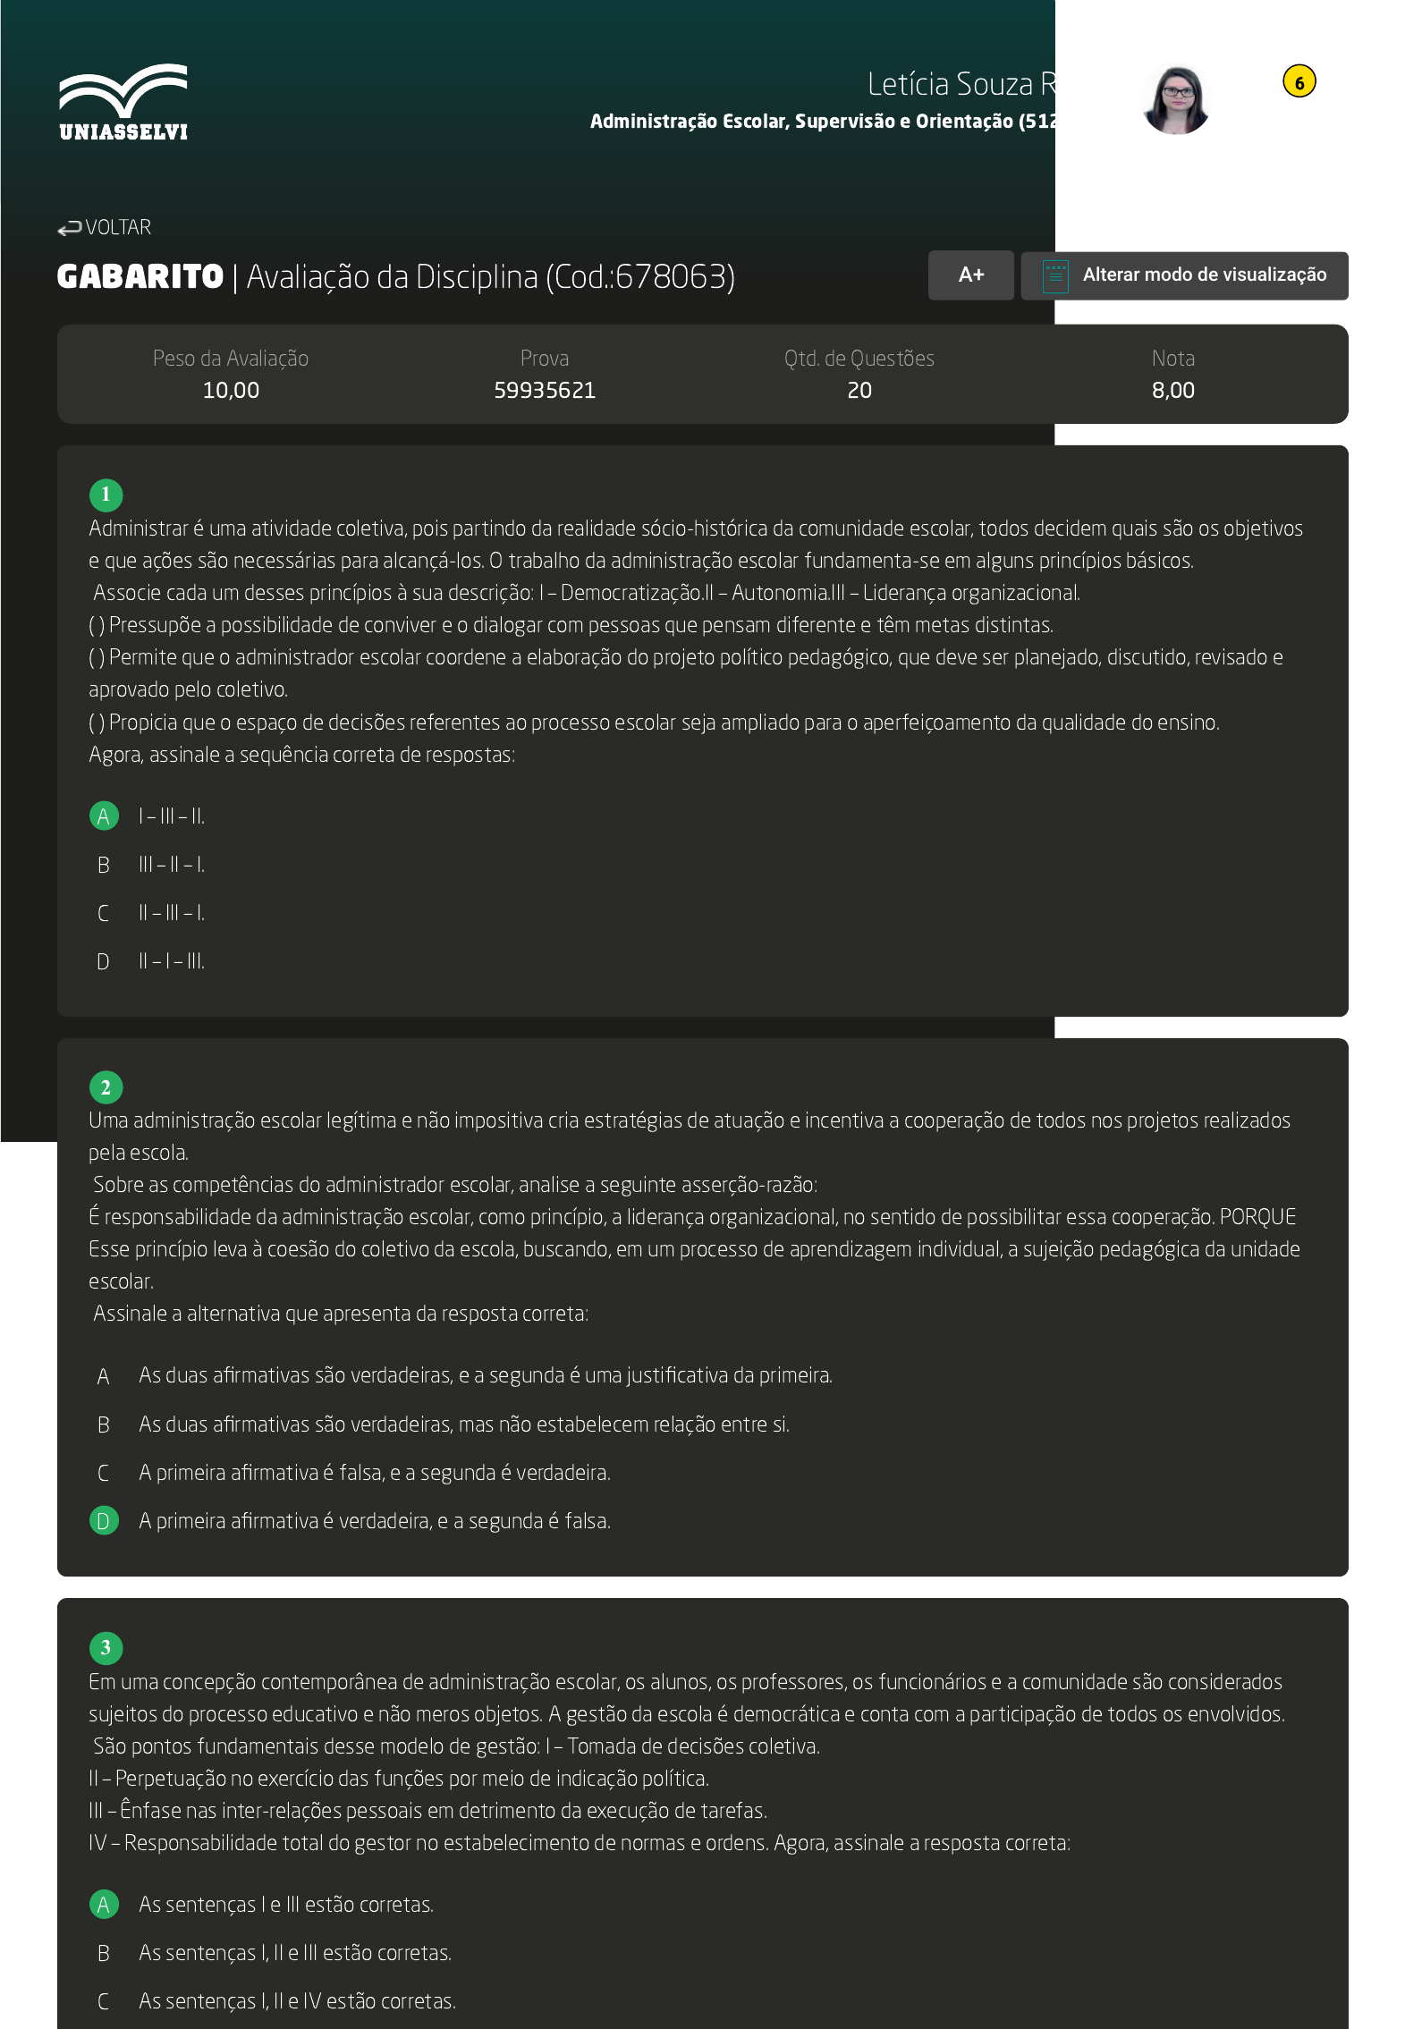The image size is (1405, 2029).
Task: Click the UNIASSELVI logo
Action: click(123, 102)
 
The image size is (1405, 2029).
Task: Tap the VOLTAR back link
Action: click(105, 228)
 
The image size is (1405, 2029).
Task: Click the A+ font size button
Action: click(970, 275)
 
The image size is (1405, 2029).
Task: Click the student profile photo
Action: click(1176, 99)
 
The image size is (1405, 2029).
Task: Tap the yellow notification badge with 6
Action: click(1299, 82)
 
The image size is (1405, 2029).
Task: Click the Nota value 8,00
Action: click(1172, 391)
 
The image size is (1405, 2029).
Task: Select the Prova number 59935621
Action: click(544, 391)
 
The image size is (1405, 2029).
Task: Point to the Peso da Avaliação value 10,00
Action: click(231, 391)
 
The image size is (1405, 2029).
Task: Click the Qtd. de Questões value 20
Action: click(859, 391)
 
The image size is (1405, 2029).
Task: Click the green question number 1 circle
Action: click(106, 495)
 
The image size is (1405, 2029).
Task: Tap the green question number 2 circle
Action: click(106, 1087)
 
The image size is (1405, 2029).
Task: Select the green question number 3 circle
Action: click(106, 1648)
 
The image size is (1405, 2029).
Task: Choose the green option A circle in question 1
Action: click(104, 816)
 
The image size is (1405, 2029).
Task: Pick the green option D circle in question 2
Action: click(104, 1521)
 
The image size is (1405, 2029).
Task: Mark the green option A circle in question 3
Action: click(104, 1905)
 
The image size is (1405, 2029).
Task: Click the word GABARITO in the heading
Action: click(140, 277)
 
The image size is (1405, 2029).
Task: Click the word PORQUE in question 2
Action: click(1257, 1217)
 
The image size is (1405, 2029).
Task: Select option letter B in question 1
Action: click(104, 865)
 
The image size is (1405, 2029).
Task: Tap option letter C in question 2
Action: click(104, 1473)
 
